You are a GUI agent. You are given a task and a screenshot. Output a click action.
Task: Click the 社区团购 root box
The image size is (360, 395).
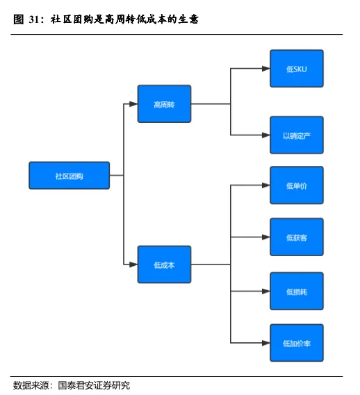pyautogui.click(x=69, y=176)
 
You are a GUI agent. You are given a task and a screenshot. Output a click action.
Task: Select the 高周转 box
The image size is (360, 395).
pyautogui.click(x=164, y=104)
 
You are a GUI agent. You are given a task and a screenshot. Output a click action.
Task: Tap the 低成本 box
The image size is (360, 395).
pyautogui.click(x=164, y=264)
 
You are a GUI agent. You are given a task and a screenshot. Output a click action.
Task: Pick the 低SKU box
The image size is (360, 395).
pyautogui.click(x=297, y=69)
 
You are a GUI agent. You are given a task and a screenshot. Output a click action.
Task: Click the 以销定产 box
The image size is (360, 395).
pyautogui.click(x=297, y=135)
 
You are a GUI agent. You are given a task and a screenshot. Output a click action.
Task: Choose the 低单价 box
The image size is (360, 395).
pyautogui.click(x=297, y=185)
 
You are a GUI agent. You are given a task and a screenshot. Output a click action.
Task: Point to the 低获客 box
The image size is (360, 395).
pyautogui.click(x=297, y=237)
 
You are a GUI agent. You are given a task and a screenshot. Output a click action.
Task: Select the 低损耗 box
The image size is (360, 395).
pyautogui.click(x=297, y=291)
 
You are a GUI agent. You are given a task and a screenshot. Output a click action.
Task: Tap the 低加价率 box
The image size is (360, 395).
pyautogui.click(x=297, y=343)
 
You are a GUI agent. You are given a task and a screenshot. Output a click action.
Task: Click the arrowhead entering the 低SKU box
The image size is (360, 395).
pyautogui.click(x=266, y=69)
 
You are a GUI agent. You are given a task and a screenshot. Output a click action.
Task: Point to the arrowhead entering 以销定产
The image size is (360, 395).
pyautogui.click(x=266, y=135)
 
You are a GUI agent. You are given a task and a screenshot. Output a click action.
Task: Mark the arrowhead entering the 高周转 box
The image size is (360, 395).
pyautogui.click(x=133, y=104)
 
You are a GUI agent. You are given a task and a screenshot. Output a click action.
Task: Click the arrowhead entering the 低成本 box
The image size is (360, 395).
pyautogui.click(x=133, y=264)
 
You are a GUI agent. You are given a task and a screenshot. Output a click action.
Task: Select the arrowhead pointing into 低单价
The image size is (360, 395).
pyautogui.click(x=266, y=185)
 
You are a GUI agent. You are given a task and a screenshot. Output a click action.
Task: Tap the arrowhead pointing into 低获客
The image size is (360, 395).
pyautogui.click(x=266, y=237)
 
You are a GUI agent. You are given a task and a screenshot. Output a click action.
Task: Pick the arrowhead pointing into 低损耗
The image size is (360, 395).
pyautogui.click(x=266, y=291)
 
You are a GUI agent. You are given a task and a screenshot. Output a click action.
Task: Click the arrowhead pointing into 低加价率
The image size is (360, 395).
pyautogui.click(x=266, y=343)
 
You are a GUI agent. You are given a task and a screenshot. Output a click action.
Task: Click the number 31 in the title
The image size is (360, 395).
pyautogui.click(x=34, y=19)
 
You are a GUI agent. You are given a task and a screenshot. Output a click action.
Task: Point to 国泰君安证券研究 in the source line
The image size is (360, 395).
pyautogui.click(x=94, y=385)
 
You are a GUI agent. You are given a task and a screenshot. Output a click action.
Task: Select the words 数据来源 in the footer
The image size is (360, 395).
pyautogui.click(x=31, y=385)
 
